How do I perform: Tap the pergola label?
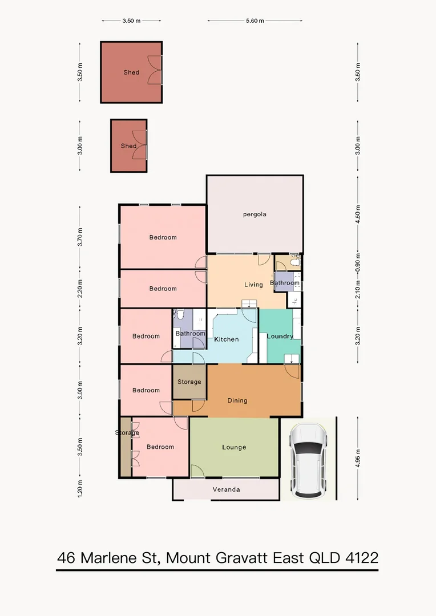click(x=255, y=214)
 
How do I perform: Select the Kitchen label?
click(x=226, y=339)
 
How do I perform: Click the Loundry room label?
click(x=280, y=336)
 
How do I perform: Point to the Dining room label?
click(x=237, y=400)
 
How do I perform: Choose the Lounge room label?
click(x=234, y=447)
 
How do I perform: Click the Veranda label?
click(x=226, y=489)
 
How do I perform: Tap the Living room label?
click(x=253, y=285)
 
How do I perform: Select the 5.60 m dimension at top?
click(x=255, y=21)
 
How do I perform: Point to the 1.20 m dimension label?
click(x=80, y=489)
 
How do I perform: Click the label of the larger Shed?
click(x=131, y=72)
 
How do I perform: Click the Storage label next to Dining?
click(x=189, y=382)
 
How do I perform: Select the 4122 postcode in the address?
click(x=361, y=557)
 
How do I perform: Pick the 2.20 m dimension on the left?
click(x=80, y=288)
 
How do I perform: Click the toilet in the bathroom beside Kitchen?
click(x=179, y=315)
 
